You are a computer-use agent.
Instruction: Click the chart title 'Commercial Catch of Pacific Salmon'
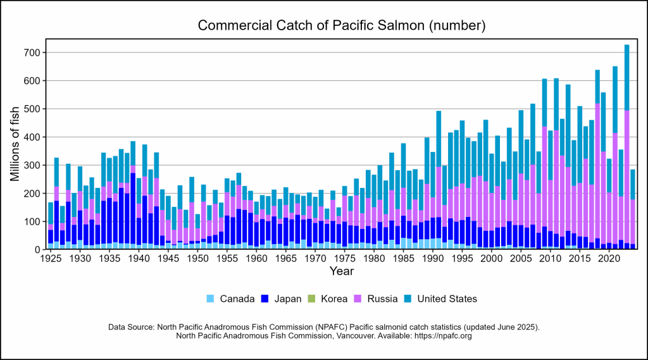(x=341, y=26)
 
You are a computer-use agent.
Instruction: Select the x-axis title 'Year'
(x=341, y=271)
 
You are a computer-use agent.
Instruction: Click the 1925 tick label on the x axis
(x=51, y=259)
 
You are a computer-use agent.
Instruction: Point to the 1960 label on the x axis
(x=256, y=259)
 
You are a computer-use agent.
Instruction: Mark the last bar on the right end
(x=632, y=209)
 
